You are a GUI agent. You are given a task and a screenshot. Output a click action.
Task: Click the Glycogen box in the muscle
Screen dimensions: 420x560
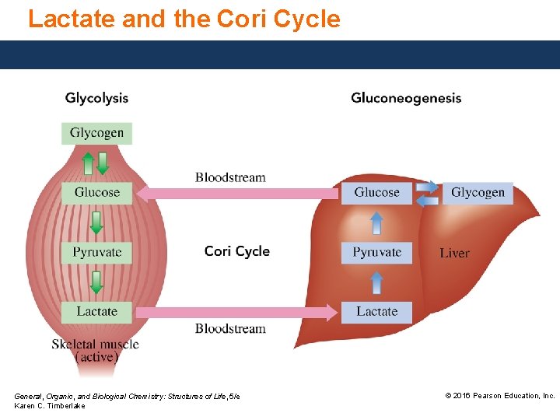(x=97, y=133)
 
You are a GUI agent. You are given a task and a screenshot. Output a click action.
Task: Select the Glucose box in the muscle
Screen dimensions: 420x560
(x=97, y=192)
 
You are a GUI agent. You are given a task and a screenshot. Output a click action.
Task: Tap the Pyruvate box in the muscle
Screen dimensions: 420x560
(x=97, y=252)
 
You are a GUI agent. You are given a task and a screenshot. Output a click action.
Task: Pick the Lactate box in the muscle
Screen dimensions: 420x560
(x=97, y=311)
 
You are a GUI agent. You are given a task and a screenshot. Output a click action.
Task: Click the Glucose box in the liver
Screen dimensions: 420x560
(x=376, y=192)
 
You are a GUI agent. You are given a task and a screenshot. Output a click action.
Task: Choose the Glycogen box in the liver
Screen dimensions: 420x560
(x=478, y=192)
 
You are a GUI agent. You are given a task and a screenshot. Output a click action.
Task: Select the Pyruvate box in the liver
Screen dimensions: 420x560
(x=376, y=252)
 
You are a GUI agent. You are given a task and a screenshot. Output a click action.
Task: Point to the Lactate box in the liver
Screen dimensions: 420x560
(x=376, y=311)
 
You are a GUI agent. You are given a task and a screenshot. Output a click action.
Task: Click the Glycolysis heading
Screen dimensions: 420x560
(x=96, y=98)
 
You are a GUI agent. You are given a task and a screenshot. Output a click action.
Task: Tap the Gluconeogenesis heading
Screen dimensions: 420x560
(x=406, y=98)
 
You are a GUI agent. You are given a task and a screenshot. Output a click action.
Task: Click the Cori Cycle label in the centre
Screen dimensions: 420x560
(x=237, y=251)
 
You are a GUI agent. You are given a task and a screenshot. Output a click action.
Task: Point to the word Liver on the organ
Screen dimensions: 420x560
(x=454, y=253)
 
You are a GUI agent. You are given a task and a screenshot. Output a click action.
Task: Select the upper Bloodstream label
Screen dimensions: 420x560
(x=230, y=177)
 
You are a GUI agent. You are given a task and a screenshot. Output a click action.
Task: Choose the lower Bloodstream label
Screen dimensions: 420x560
(x=230, y=328)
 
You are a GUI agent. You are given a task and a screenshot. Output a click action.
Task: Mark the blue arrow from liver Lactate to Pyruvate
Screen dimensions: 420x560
(x=376, y=282)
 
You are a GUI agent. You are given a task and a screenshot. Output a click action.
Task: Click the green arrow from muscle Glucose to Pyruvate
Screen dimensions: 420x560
(x=96, y=222)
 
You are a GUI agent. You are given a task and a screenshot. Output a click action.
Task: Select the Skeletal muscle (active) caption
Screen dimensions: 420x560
(x=96, y=351)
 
